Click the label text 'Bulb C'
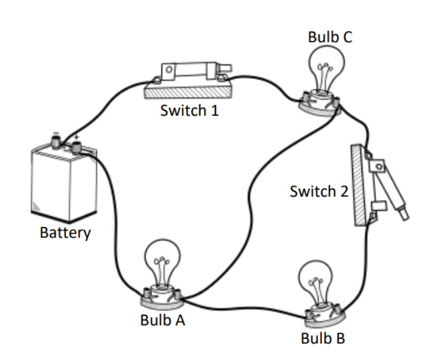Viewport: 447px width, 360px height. pos(330,37)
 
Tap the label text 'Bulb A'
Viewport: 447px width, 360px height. pos(163,320)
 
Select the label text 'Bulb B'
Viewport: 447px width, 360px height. pos(323,338)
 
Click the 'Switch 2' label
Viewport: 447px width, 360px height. pos(319,191)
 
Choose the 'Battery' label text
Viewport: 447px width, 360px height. pos(65,233)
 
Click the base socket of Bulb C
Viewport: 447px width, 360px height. pos(319,103)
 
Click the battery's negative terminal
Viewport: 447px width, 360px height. pos(56,139)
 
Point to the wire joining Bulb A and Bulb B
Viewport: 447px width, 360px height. pos(241,306)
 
